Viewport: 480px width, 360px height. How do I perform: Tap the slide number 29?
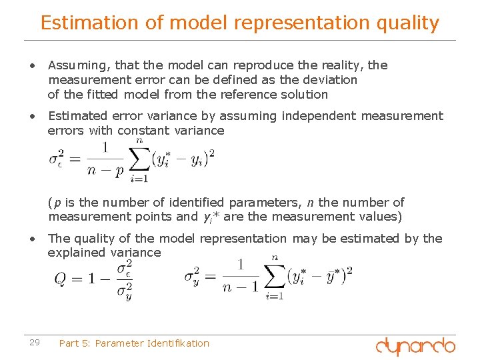pos(35,343)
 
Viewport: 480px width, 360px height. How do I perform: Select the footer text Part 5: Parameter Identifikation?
pos(134,343)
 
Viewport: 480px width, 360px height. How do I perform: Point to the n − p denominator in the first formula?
pos(105,169)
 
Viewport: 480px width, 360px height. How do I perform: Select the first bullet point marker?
pos(31,66)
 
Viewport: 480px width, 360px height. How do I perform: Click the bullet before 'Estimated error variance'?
pos(31,117)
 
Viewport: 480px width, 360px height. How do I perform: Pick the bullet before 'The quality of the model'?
pos(31,239)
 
